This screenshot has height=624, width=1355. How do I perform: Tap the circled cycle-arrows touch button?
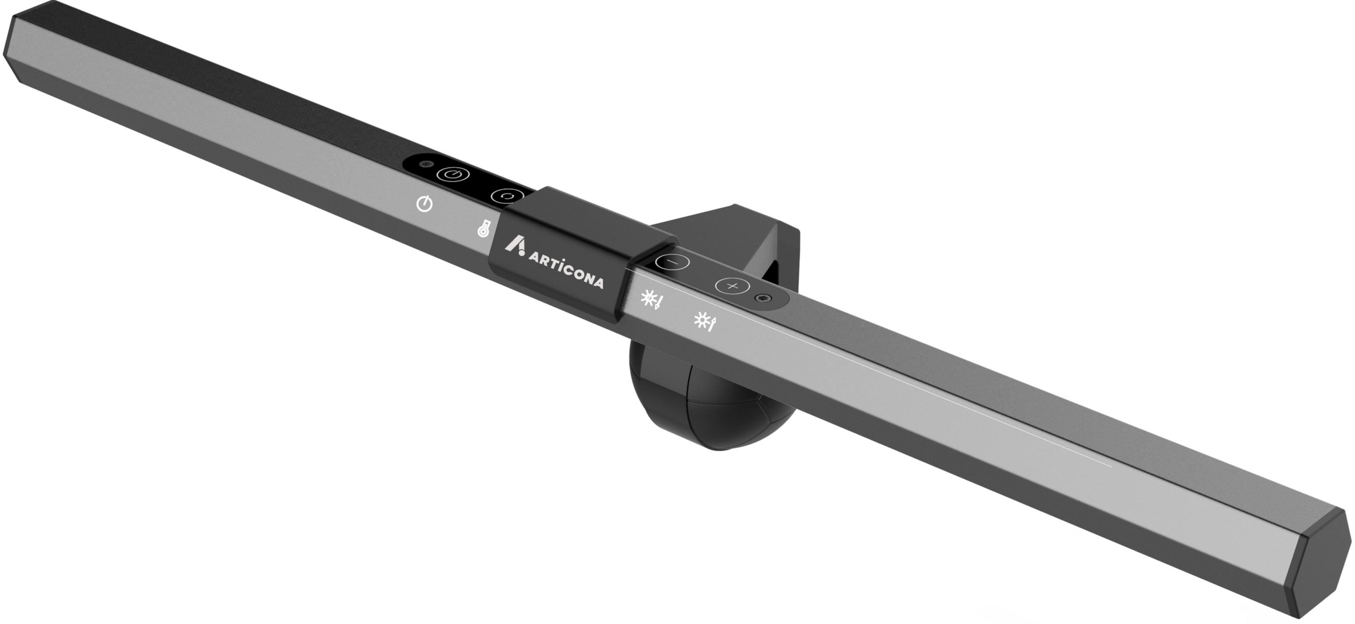[x=507, y=196]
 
